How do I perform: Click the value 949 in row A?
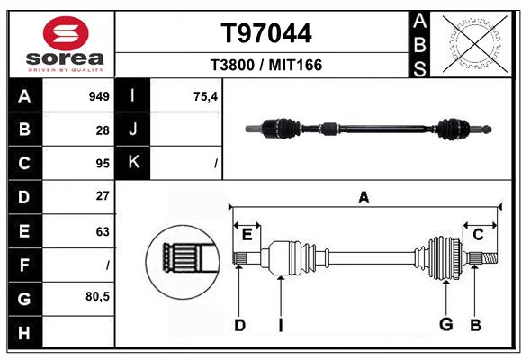coord(99,96)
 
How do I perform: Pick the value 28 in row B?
coord(103,130)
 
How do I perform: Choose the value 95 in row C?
coord(103,164)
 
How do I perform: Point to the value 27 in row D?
coord(103,196)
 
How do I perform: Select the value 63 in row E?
coord(103,231)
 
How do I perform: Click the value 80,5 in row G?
coord(97,296)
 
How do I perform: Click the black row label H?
coord(24,334)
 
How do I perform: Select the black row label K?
coord(133,163)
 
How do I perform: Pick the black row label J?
coord(133,130)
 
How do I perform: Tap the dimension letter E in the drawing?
coord(247,235)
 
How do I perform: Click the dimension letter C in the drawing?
coord(478,235)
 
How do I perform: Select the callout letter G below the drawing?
coord(445,325)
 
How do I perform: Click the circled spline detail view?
coord(184,260)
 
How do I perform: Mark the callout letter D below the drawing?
coord(239,325)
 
